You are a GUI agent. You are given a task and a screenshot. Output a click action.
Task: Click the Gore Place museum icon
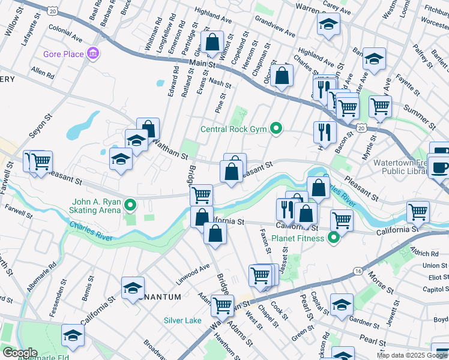pyautogui.click(x=93, y=55)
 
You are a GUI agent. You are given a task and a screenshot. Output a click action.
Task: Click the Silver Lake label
pyautogui.click(x=183, y=320)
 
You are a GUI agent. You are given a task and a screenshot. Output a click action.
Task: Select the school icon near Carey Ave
pyautogui.click(x=328, y=24)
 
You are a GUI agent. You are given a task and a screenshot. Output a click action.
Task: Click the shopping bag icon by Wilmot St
pyautogui.click(x=212, y=43)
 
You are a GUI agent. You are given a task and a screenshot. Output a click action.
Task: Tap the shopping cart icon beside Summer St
pyautogui.click(x=380, y=106)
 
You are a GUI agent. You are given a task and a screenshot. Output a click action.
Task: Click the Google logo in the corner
pyautogui.click(x=19, y=353)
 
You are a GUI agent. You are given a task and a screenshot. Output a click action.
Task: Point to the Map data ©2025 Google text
pyautogui.click(x=412, y=355)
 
